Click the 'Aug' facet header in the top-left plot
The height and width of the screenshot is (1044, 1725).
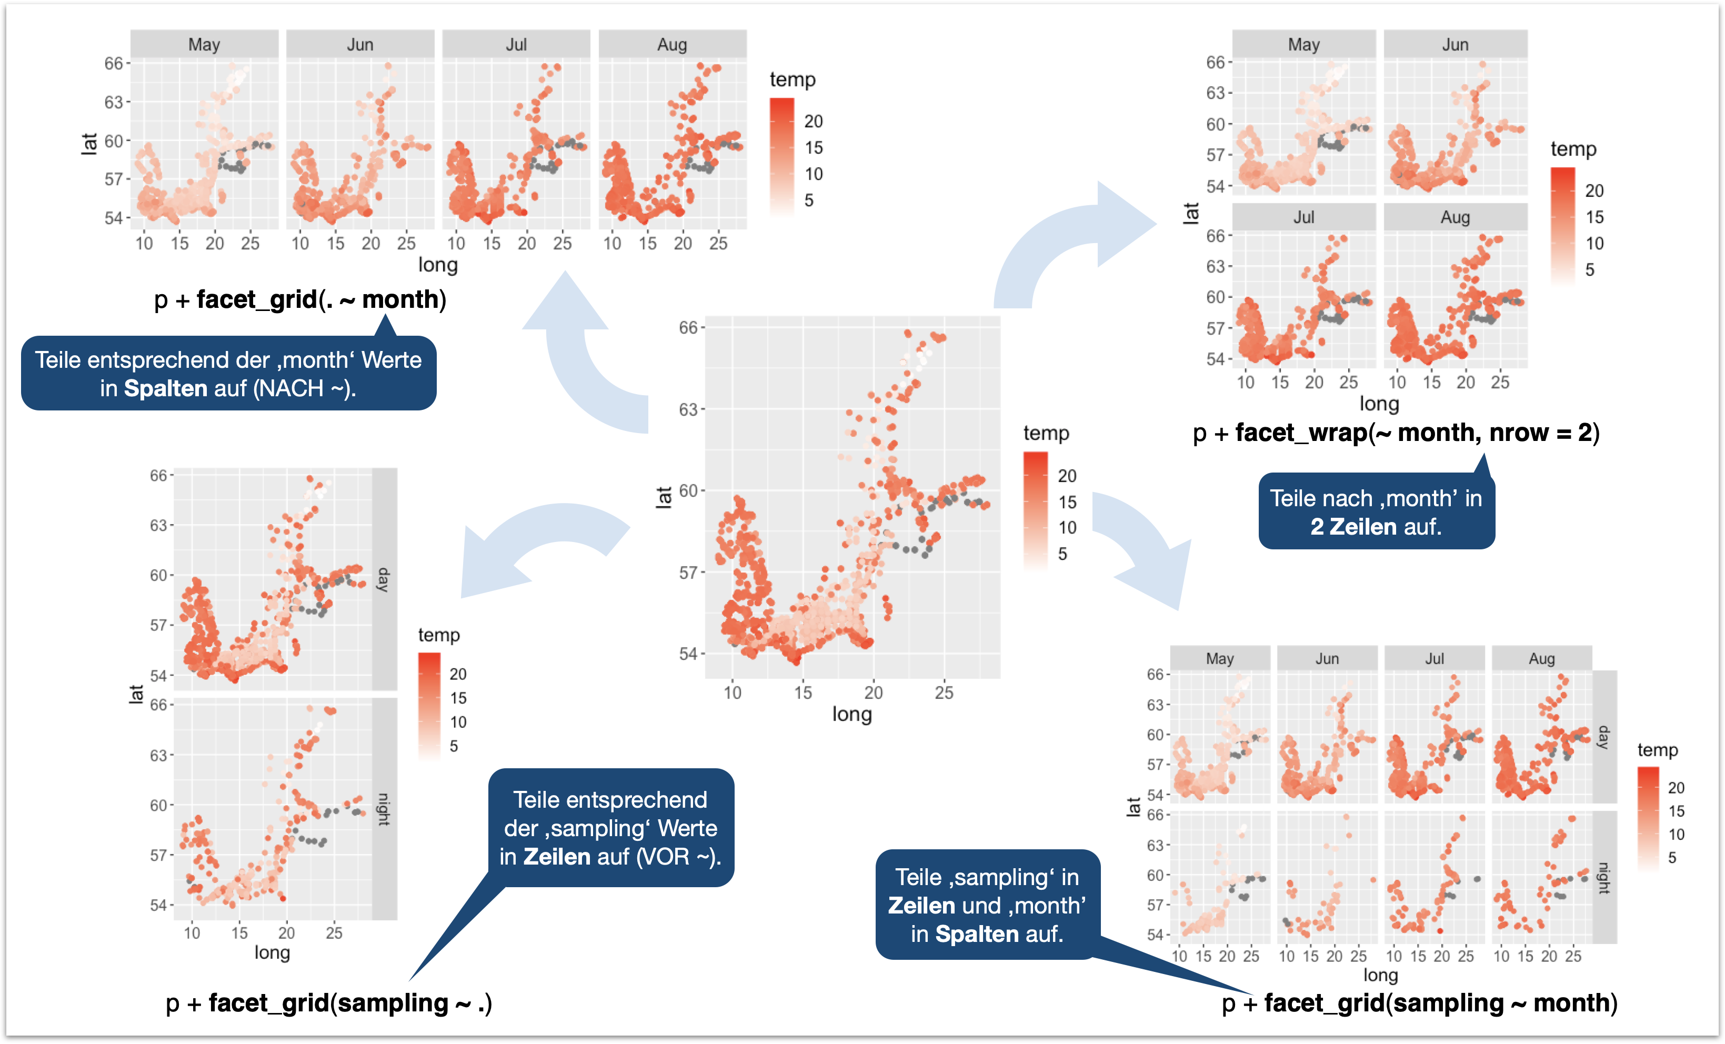click(672, 44)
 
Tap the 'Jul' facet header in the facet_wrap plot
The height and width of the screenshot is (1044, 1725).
click(1303, 217)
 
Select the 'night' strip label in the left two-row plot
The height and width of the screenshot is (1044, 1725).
click(384, 809)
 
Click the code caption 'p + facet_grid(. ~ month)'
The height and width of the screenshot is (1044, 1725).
click(299, 300)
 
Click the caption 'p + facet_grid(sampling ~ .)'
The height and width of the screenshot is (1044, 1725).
click(329, 1002)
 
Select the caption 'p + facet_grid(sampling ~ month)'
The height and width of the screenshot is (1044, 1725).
click(1419, 1002)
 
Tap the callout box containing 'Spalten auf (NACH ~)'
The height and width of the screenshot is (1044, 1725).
click(228, 373)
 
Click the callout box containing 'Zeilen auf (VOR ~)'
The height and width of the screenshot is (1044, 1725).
click(610, 828)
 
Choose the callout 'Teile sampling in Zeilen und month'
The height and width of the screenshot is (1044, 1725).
click(987, 905)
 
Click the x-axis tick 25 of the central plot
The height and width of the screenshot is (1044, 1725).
click(943, 692)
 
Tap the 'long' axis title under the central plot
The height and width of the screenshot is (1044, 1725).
click(851, 714)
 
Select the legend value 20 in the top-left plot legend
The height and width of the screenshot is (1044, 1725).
click(813, 121)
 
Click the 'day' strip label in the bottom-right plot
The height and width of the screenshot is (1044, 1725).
click(1603, 737)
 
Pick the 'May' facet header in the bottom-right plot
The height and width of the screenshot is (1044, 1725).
click(1219, 658)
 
